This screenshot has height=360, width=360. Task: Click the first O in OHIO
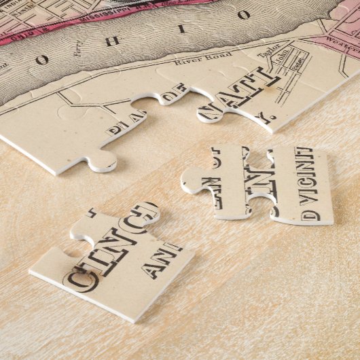pos(43,60)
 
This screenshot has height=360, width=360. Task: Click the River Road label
pos(194,60)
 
